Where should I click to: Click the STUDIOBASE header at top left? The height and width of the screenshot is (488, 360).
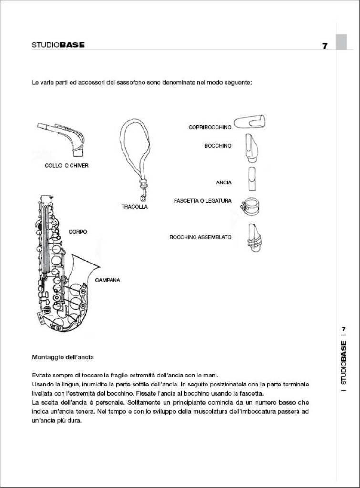coord(58,45)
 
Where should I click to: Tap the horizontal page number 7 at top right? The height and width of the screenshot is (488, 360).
coord(325,46)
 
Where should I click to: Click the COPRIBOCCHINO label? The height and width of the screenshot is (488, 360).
coord(210,127)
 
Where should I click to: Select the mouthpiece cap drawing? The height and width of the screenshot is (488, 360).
coord(250,122)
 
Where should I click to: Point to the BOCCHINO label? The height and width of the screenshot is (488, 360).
coord(218,146)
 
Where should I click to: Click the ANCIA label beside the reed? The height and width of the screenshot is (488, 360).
coord(224,183)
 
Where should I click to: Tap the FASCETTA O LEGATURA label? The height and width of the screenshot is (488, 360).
coord(203,201)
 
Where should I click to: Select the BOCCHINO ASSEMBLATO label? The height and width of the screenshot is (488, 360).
coord(200,237)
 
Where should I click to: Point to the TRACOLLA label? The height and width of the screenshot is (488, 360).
coord(134,207)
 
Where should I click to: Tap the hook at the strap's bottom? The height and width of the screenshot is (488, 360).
coord(142,196)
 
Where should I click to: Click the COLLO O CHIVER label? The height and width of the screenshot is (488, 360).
coord(66,166)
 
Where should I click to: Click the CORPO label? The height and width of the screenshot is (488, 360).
coord(78,232)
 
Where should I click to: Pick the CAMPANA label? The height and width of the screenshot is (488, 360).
coord(107,280)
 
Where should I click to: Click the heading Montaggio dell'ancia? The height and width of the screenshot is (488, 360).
coord(62,357)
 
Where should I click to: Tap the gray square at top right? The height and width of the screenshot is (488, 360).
coord(341,42)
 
